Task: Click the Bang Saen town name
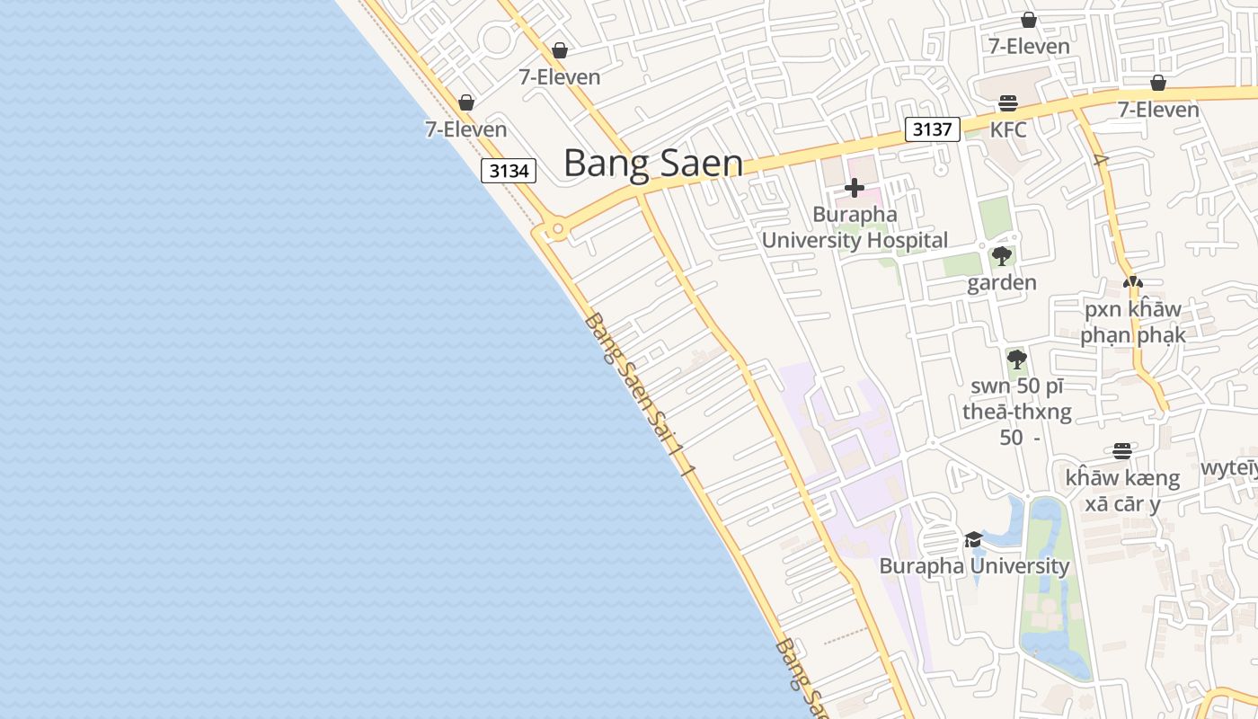pos(653,164)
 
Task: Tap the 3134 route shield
pos(509,170)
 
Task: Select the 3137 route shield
pos(932,129)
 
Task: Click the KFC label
pos(1008,129)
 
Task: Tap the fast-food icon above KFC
pos(1008,102)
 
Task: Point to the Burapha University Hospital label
pos(855,227)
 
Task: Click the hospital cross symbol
pos(855,188)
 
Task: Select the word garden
pos(1002,283)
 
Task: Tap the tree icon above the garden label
pos(1002,256)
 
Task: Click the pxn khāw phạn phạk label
pos(1133,322)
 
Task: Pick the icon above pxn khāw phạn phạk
pos(1133,282)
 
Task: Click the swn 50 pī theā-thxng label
pos(1017,412)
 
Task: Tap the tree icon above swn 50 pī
pos(1017,359)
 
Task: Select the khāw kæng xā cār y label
pos(1122,490)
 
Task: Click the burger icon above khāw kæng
pos(1122,450)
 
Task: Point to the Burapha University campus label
pos(974,566)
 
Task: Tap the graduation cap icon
pos(973,539)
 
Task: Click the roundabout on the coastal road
pos(558,229)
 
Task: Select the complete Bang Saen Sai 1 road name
pos(640,393)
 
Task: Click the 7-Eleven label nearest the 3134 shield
pos(465,129)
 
